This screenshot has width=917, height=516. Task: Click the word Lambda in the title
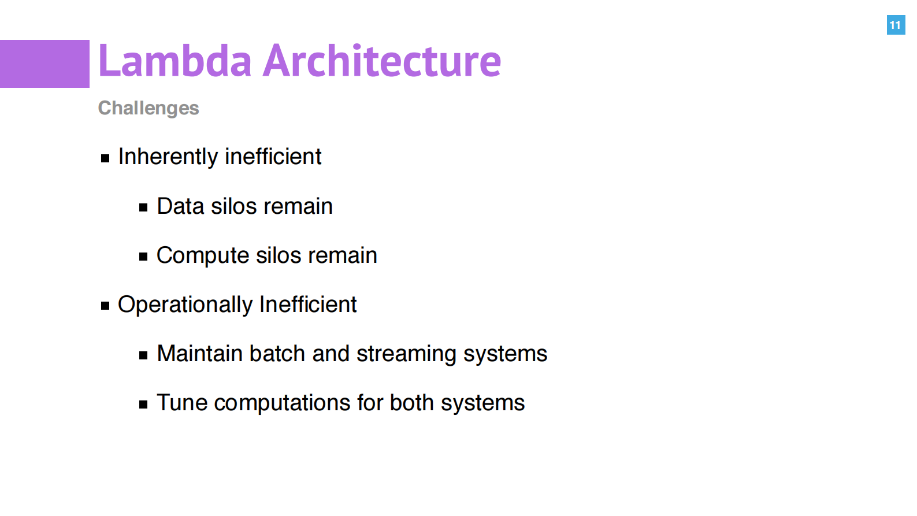coord(175,61)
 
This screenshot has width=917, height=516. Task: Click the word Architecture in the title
coord(382,61)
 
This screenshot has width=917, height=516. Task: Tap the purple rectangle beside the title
coord(44,64)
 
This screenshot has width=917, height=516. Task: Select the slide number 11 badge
coord(896,25)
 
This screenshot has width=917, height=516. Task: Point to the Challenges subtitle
coord(148,109)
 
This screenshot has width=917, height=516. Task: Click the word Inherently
coord(168,157)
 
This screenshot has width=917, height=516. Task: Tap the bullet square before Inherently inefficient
coord(105,158)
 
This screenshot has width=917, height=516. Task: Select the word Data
coord(180,206)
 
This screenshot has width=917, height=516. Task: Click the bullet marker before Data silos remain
coord(143,207)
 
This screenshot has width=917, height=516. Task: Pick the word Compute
coord(203,256)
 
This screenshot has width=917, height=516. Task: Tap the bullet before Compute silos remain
coord(143,257)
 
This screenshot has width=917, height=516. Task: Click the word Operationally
coord(185,305)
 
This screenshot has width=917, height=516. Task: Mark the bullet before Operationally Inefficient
coord(105,306)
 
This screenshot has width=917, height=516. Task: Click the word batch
coord(277,354)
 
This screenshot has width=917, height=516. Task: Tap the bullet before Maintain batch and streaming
coord(143,355)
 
